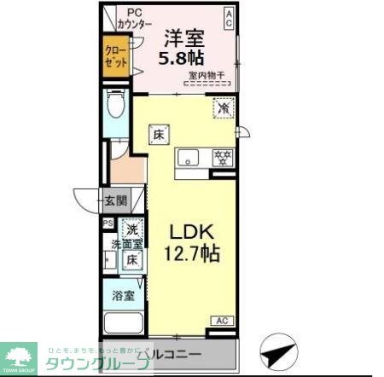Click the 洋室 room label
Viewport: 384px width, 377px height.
[183, 38]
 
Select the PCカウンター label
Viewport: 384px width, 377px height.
[135, 19]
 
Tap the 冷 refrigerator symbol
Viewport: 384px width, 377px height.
[223, 108]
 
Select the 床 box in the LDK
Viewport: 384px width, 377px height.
[159, 134]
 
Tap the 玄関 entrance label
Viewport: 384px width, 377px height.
[115, 201]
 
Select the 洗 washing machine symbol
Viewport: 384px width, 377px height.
[132, 228]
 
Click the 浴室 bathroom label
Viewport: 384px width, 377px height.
[124, 296]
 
